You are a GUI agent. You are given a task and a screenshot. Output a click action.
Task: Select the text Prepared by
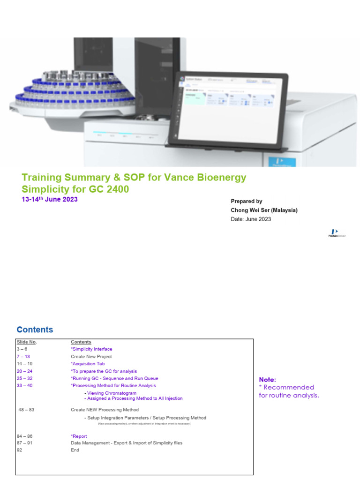pos(247,201)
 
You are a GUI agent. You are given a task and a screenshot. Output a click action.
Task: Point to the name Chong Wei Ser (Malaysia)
pos(264,210)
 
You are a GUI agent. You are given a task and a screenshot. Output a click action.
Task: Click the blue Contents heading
pos(35,330)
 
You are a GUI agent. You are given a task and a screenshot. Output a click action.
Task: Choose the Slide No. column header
pos(26,342)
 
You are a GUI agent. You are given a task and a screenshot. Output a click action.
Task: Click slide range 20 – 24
pos(24,371)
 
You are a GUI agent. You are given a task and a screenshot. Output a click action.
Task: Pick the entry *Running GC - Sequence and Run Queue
pos(114,378)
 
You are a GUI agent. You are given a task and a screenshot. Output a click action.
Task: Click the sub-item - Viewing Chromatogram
pos(110,393)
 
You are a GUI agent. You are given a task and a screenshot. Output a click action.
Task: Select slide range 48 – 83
pos(26,410)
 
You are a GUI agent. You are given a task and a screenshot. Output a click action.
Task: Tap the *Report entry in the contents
pos(79,436)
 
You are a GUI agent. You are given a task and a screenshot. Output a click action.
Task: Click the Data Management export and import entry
pos(127,443)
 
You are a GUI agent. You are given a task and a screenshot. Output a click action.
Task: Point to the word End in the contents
pos(75,450)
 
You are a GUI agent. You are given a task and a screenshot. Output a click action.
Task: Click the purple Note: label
pos(268,380)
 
